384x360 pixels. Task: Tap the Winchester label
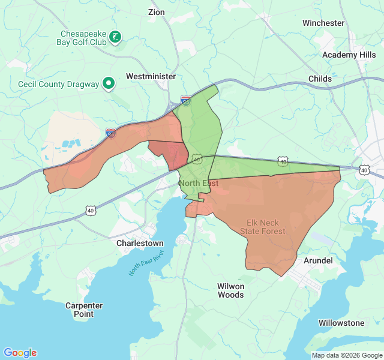(323, 23)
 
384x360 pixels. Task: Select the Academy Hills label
(349, 55)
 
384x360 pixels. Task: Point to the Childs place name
(320, 79)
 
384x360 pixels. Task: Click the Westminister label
(151, 77)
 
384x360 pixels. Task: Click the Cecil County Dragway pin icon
(109, 84)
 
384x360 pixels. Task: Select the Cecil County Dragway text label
(58, 85)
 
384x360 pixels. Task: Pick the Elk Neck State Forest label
(263, 227)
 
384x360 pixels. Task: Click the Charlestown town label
(140, 244)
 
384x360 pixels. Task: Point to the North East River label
(145, 264)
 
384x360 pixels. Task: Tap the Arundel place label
(318, 260)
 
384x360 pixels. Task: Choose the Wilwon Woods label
(230, 290)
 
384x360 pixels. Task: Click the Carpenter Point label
(83, 310)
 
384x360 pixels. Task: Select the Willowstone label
(341, 323)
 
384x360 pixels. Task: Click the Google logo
(20, 353)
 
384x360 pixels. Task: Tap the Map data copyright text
(346, 355)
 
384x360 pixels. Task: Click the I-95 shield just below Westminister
(186, 101)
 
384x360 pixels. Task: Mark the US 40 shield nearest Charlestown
(90, 211)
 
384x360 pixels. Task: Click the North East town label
(198, 183)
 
